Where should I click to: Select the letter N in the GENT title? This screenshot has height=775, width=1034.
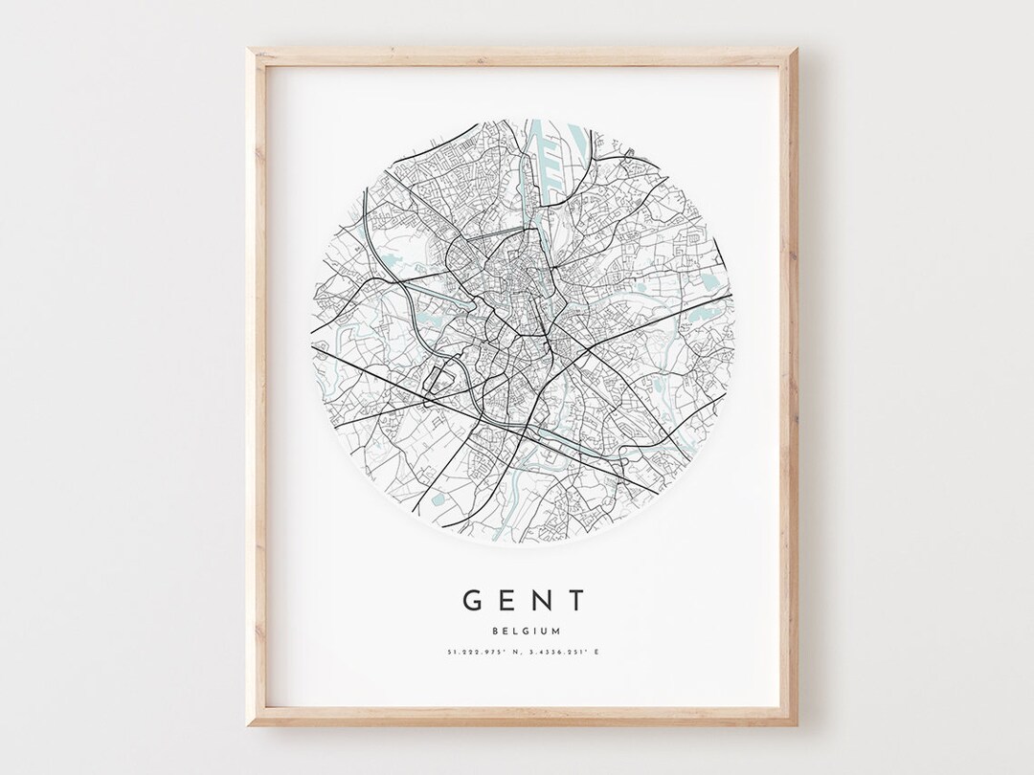point(543,601)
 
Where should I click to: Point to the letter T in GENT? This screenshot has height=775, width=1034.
point(575,601)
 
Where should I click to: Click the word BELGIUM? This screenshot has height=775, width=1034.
point(525,631)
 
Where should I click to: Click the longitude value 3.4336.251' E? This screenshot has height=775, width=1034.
point(565,653)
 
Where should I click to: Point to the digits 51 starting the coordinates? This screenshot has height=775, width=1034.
point(450,653)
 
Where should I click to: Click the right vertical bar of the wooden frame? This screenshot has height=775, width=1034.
point(789,383)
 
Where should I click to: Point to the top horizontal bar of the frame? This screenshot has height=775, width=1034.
point(523,56)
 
